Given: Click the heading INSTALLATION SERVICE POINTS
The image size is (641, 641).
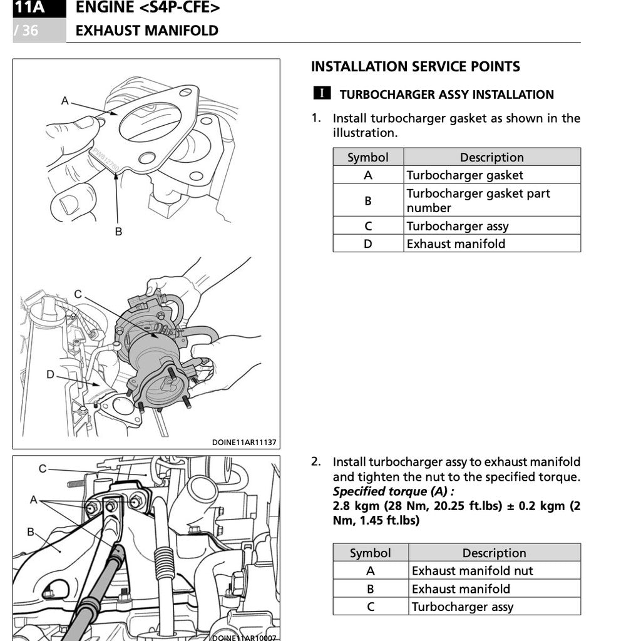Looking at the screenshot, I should pos(415,67).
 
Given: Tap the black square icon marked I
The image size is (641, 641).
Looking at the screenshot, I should pos(322,93).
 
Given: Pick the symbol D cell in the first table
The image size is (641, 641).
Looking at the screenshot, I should pos(368,244).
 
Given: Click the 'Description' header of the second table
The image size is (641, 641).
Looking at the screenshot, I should pos(494,553).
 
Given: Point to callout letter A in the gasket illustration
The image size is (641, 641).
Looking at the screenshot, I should pos(65,100).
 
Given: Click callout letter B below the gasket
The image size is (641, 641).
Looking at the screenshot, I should pos(118,231).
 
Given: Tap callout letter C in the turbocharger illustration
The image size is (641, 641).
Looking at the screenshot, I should pos(78,294).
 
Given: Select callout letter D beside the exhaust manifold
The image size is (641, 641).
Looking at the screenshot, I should pos(50,374).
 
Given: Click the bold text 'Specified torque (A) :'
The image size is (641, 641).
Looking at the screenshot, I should pos(393,491).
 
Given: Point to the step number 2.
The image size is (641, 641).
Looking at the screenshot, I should pos(316,462).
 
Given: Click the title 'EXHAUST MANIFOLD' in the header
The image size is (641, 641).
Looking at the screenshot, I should pos(147,31).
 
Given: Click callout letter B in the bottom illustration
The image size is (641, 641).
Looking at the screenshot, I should pos(30,532).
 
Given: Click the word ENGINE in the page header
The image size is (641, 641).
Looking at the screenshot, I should pos(104,8).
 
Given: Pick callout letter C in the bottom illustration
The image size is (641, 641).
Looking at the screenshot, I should pos(43,468).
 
